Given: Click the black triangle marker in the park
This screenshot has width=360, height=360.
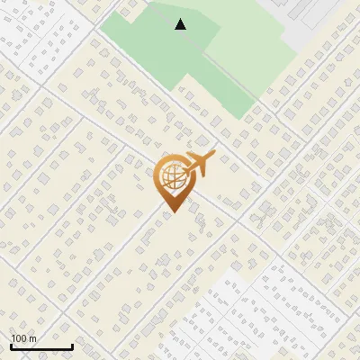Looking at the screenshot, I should click(x=181, y=25).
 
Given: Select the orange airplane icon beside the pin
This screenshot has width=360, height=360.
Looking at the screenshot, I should click(x=197, y=165).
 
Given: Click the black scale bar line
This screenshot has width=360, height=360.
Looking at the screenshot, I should click(x=41, y=347).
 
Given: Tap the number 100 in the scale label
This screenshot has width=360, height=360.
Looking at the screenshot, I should click(x=19, y=338).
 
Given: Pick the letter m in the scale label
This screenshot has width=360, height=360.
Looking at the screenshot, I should click(x=32, y=338).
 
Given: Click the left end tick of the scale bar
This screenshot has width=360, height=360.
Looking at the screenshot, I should click(x=11, y=346).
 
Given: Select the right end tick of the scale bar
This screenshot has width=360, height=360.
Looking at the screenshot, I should click(x=72, y=346).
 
